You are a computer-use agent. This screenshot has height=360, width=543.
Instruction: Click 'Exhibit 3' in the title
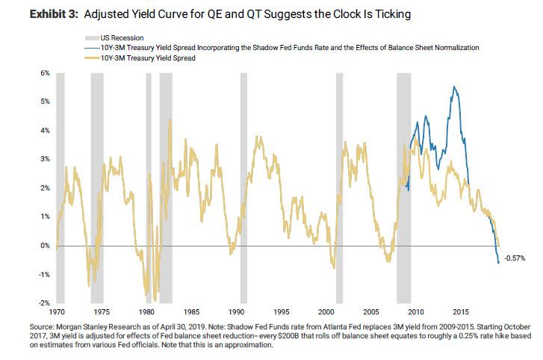coord(32,13)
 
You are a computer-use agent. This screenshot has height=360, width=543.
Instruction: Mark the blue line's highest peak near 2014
coord(454,87)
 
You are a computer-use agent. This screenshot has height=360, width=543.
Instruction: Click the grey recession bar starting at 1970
coord(60,187)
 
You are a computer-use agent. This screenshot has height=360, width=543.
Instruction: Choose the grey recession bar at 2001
coord(339,187)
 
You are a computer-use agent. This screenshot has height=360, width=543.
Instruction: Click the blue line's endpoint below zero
coord(498,262)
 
